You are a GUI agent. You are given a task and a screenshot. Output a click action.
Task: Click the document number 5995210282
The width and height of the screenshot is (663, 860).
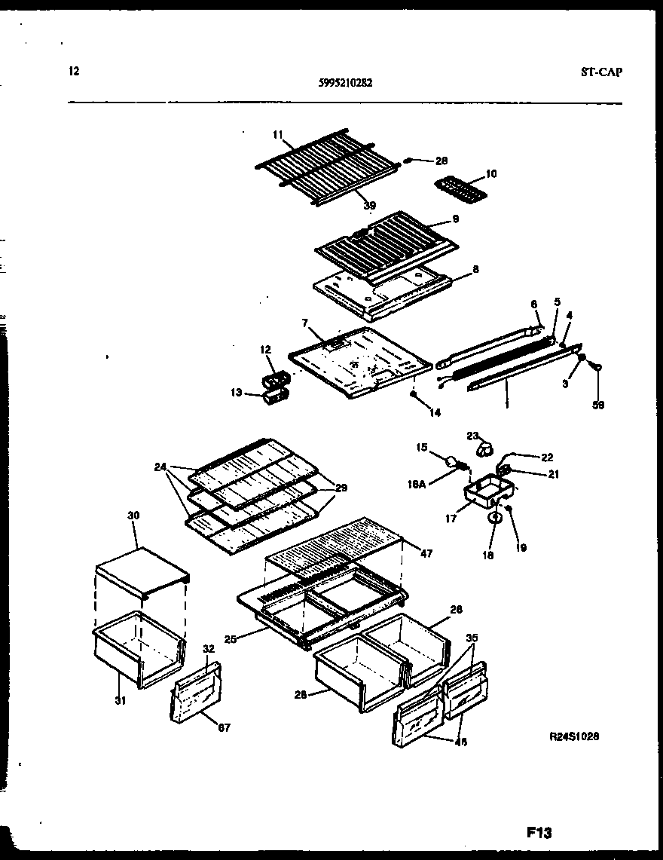(345, 84)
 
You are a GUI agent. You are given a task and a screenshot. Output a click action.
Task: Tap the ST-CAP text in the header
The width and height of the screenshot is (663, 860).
(602, 73)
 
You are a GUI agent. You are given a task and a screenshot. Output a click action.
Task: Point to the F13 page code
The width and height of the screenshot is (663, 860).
(539, 833)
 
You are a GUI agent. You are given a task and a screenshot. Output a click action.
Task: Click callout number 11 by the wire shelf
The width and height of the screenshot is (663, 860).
(277, 134)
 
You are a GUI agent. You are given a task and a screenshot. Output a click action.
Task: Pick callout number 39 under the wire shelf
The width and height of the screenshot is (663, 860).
(369, 205)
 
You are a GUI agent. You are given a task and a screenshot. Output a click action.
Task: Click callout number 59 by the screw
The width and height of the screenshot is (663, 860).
(598, 405)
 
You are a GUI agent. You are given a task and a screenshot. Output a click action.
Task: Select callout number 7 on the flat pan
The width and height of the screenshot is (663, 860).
(305, 323)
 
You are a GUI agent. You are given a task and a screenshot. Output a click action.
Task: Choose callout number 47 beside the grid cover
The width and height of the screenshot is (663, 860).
(426, 553)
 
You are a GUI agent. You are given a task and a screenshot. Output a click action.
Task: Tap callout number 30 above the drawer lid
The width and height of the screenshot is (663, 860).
(134, 516)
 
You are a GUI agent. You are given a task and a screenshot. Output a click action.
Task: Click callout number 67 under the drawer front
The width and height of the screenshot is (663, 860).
(224, 727)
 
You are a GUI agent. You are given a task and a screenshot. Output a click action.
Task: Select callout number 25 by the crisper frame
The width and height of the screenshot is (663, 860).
(230, 639)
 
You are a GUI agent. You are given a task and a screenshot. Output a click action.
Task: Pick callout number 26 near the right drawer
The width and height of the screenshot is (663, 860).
(456, 609)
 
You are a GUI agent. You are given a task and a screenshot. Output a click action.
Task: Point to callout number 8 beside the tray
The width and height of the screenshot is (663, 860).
(475, 268)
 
